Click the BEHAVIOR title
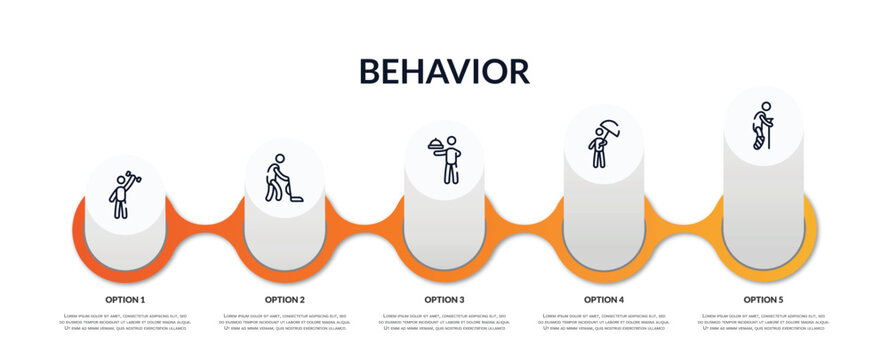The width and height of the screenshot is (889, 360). pyautogui.click(x=444, y=71)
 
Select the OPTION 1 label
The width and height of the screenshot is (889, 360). pyautogui.click(x=125, y=299)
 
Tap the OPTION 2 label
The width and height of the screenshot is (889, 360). pyautogui.click(x=285, y=299)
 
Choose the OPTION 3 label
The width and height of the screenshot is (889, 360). pyautogui.click(x=444, y=299)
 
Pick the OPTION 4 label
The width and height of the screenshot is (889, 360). pyautogui.click(x=604, y=299)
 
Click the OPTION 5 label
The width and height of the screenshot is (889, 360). pyautogui.click(x=763, y=299)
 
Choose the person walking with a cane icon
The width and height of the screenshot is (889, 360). pyautogui.click(x=763, y=126)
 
